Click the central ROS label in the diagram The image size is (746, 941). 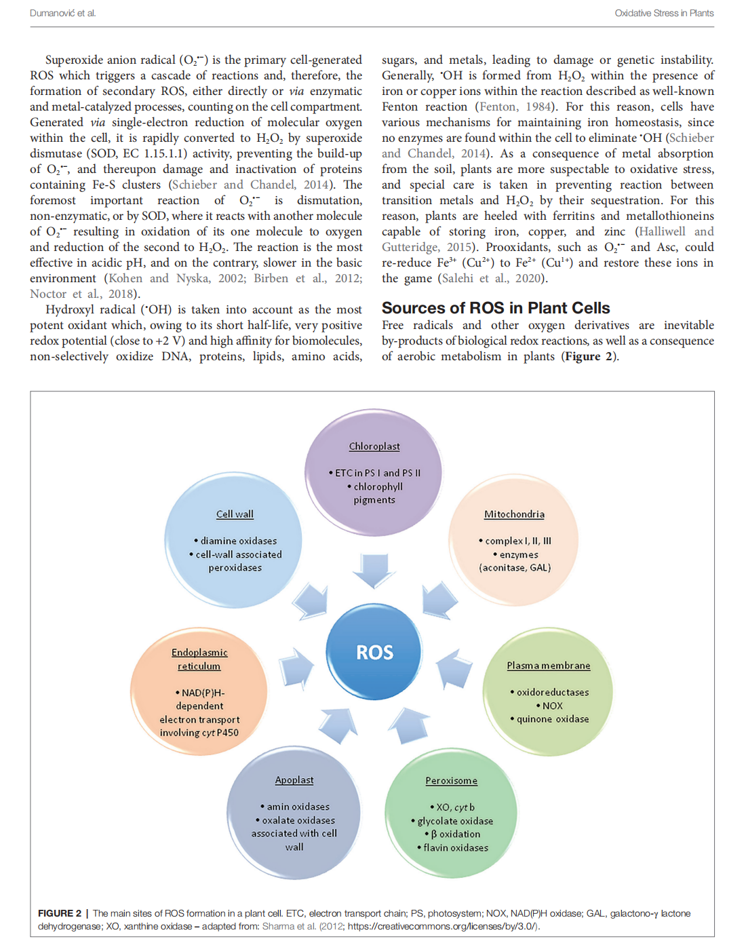(374, 652)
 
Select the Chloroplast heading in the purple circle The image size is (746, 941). (374, 446)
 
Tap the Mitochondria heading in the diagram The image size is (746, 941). (514, 514)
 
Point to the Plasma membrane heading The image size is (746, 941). (548, 666)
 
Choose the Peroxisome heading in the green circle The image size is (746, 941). (451, 781)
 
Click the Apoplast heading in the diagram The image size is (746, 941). (294, 780)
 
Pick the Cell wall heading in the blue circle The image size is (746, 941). (235, 514)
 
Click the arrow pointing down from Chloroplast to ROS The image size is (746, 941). (373, 570)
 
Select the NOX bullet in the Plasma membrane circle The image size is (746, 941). (552, 706)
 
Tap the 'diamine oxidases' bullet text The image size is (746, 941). (238, 541)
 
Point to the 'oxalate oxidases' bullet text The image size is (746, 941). (298, 820)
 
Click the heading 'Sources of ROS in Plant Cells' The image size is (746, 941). (496, 308)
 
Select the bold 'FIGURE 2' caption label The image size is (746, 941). (60, 913)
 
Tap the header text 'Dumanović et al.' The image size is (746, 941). (63, 13)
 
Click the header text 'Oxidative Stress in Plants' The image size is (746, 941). (664, 13)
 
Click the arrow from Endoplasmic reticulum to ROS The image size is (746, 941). (296, 667)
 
